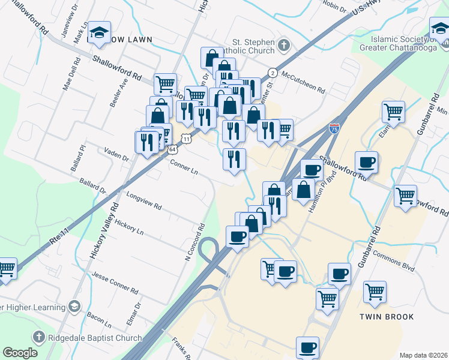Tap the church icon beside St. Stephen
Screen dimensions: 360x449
[283, 44]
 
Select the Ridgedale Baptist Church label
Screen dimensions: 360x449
[95, 338]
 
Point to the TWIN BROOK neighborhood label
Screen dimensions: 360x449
[384, 316]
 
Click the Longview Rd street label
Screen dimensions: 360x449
[143, 200]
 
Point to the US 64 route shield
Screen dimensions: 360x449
[172, 149]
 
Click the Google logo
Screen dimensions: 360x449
[19, 353]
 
